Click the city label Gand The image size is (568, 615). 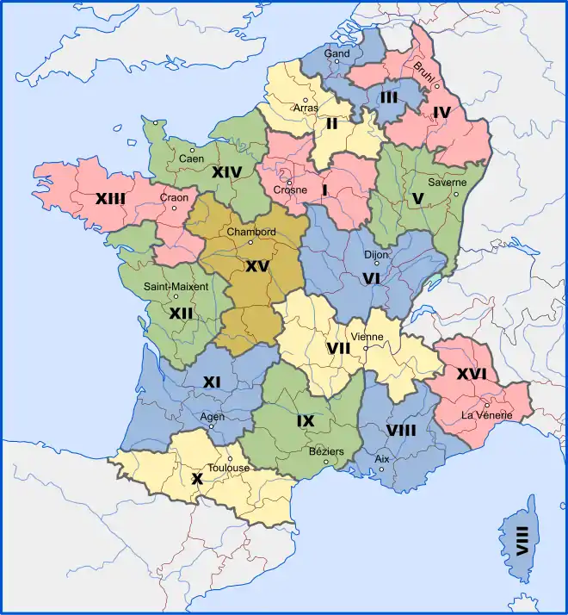(336, 53)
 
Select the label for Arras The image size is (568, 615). (306, 109)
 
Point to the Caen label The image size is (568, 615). (191, 159)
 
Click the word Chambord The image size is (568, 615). (250, 232)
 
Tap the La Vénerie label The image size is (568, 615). (487, 415)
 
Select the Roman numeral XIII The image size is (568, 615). (110, 199)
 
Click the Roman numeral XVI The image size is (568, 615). (472, 374)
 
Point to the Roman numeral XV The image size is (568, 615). (256, 267)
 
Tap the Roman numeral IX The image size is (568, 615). (306, 420)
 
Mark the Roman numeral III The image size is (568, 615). (388, 97)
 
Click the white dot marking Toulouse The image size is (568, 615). (230, 458)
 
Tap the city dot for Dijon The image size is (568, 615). (376, 264)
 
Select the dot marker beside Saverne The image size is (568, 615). (457, 193)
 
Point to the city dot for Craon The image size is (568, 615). (174, 208)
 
